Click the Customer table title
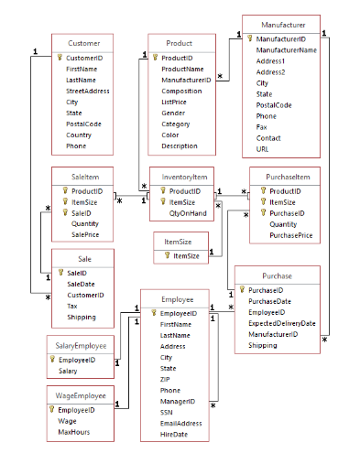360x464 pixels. tap(84, 43)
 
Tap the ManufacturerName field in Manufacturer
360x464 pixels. tap(287, 50)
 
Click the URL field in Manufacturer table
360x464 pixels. tap(263, 148)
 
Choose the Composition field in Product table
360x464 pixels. tap(181, 92)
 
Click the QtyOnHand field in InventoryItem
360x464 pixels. tap(186, 212)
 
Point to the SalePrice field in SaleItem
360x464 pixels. tap(86, 234)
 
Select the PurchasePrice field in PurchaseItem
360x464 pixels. tap(290, 235)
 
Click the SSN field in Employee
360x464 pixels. tap(168, 412)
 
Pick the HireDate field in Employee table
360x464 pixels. tap(174, 434)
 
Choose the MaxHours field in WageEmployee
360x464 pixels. tap(74, 432)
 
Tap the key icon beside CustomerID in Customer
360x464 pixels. tap(60, 57)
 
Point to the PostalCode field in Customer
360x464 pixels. tap(83, 124)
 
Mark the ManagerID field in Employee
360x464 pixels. tap(178, 401)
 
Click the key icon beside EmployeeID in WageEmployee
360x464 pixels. tap(52, 410)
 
